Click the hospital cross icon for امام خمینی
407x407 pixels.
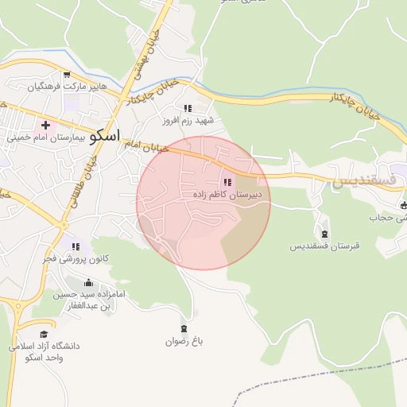point(46,125)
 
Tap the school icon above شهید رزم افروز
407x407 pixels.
point(188,108)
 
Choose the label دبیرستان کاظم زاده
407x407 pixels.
point(227,194)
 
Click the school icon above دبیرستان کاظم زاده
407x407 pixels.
point(228,182)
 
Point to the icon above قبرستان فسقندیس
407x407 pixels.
point(324,233)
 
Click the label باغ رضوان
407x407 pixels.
point(184,341)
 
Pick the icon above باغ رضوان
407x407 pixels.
point(184,328)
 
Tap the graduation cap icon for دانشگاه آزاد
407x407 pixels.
point(44,335)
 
